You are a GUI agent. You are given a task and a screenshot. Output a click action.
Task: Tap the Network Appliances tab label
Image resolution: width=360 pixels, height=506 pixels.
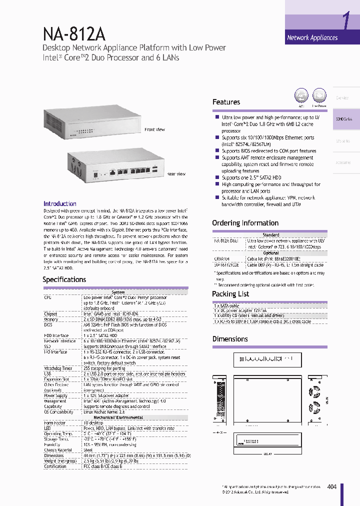312,37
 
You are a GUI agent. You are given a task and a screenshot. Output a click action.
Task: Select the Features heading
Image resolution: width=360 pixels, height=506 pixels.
226,102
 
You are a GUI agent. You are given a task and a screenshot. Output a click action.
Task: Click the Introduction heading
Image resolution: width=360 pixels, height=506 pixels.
60,204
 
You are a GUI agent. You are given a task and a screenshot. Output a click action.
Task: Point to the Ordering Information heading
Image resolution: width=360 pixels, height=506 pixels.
245,223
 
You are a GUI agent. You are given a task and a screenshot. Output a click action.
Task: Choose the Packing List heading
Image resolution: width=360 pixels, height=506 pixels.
230,294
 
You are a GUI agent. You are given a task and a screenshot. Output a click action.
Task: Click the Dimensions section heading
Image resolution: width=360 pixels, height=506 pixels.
230,339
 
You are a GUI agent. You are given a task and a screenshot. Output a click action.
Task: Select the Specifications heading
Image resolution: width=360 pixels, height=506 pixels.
64,279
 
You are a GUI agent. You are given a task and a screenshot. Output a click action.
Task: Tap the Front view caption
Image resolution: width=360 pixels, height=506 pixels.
154,129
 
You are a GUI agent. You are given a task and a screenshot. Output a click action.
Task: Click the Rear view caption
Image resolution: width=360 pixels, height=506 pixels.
176,174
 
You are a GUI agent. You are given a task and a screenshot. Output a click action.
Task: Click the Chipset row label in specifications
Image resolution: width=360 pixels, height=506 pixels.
50,314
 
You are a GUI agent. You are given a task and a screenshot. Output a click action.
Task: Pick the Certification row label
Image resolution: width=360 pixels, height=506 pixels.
55,466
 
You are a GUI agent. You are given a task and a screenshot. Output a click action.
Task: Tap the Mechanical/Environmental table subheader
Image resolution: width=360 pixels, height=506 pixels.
118,417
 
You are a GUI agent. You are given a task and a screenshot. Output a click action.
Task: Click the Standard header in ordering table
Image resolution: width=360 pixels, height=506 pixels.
271,235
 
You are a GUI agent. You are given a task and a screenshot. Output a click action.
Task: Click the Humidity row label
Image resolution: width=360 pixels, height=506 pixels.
51,444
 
